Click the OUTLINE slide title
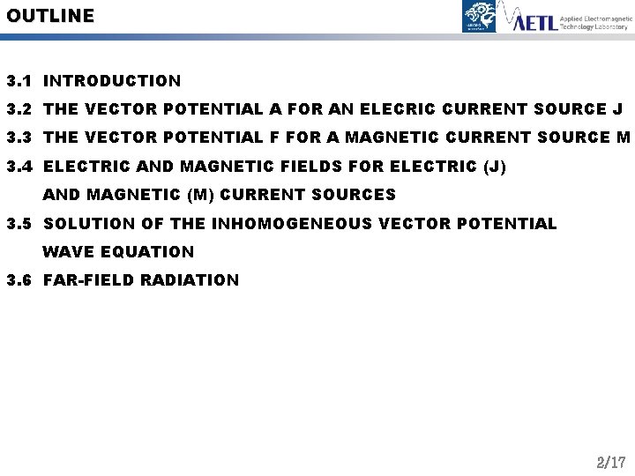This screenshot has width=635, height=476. (50, 15)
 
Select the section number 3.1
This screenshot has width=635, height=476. (19, 81)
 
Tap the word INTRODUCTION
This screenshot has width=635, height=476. (112, 81)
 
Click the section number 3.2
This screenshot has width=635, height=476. (19, 109)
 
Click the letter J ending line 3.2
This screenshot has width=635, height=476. (616, 109)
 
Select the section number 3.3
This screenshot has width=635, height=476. (19, 138)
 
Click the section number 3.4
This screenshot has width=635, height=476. (19, 166)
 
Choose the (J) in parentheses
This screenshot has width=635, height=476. (496, 166)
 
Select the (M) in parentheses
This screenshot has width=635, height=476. (201, 195)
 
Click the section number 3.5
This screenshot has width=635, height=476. (19, 223)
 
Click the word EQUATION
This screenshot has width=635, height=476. (147, 251)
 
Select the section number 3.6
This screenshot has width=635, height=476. (19, 280)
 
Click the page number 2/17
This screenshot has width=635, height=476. (611, 462)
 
